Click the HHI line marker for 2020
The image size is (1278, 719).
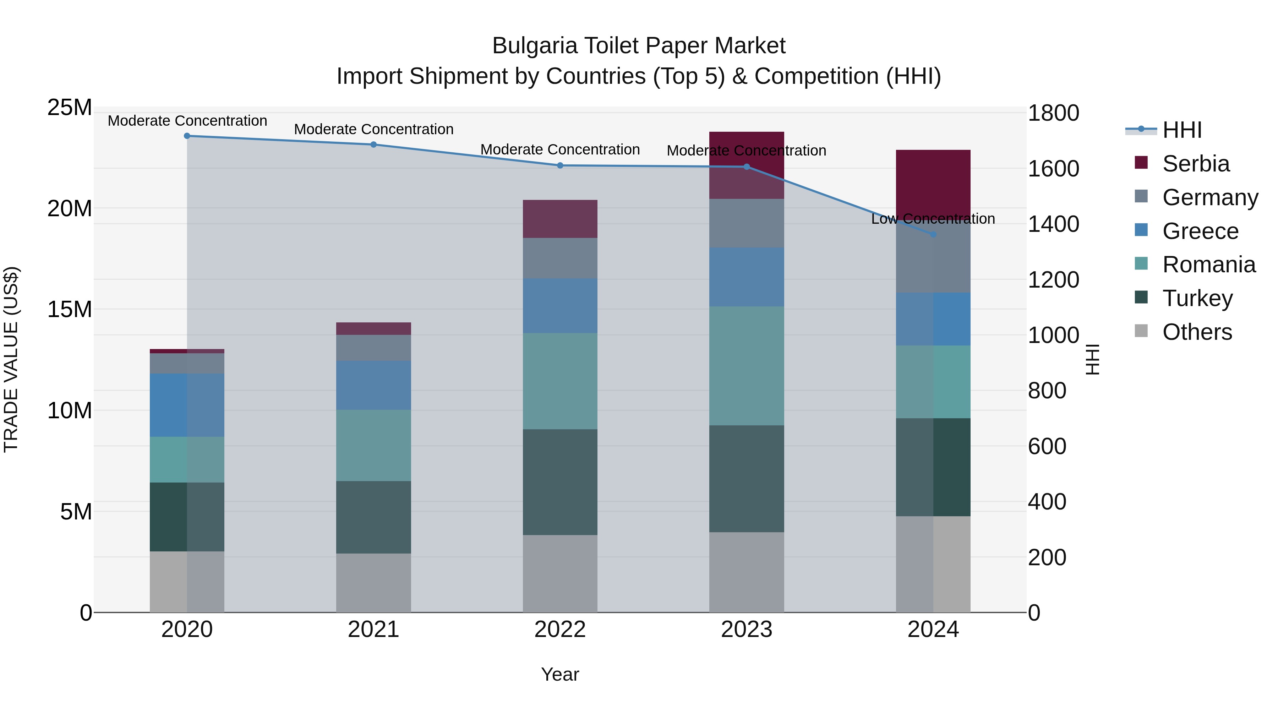(x=187, y=136)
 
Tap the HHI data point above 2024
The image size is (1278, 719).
(x=933, y=234)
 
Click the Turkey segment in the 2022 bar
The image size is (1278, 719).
(x=560, y=482)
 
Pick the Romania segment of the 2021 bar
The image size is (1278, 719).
(x=373, y=445)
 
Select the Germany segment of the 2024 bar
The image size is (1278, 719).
(x=933, y=258)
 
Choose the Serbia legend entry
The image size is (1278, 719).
(x=1196, y=164)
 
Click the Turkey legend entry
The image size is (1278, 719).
(x=1197, y=298)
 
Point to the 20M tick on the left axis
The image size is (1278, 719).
(x=70, y=208)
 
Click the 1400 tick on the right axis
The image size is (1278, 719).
(x=1053, y=224)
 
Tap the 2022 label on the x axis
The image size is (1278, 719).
(x=560, y=630)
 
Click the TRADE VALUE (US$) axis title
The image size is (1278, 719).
(x=11, y=359)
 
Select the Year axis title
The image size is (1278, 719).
(x=560, y=674)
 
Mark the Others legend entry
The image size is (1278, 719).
(x=1197, y=332)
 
